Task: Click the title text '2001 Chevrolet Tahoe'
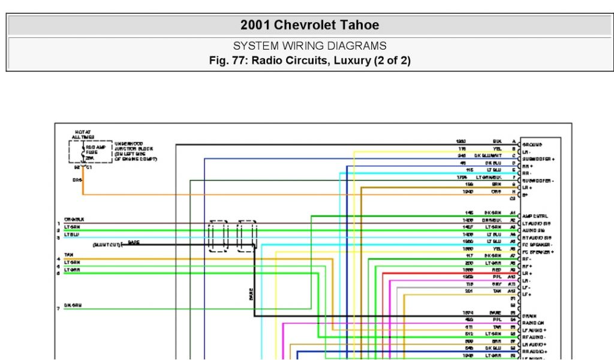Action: [309, 25]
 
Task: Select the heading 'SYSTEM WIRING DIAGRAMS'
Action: [309, 46]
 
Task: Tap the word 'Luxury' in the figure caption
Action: [347, 61]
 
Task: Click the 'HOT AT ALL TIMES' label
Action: [83, 134]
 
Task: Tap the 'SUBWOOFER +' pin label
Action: [538, 159]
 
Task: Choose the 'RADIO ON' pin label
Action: [534, 323]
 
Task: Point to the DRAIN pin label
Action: [529, 316]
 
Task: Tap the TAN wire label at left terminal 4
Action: [68, 255]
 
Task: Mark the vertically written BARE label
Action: [251, 294]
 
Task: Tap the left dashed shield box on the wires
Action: [218, 236]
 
